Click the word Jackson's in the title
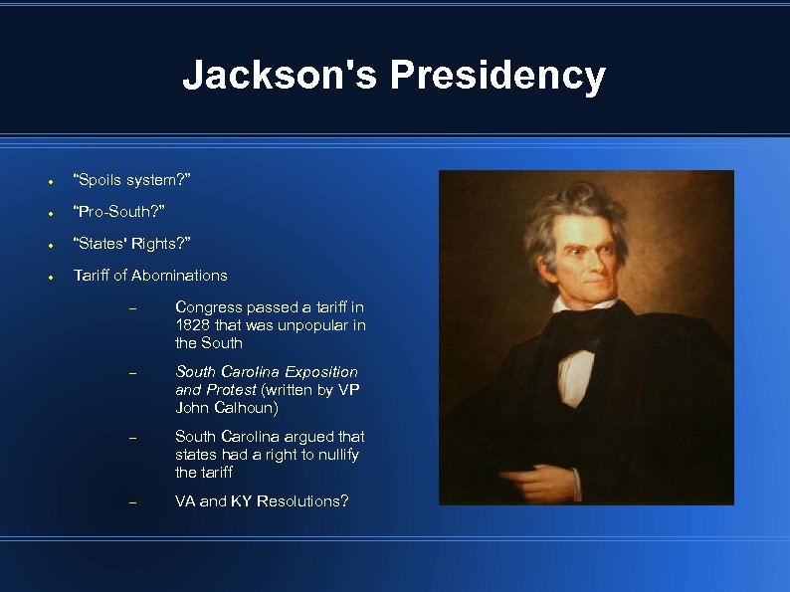(x=280, y=76)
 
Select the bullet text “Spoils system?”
(x=132, y=180)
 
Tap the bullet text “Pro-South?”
(x=119, y=212)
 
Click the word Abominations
(x=179, y=276)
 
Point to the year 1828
(x=192, y=325)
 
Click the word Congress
(x=206, y=307)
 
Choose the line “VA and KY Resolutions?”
(x=262, y=501)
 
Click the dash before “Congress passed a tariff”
(x=131, y=308)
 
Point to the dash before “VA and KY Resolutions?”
(x=131, y=502)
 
